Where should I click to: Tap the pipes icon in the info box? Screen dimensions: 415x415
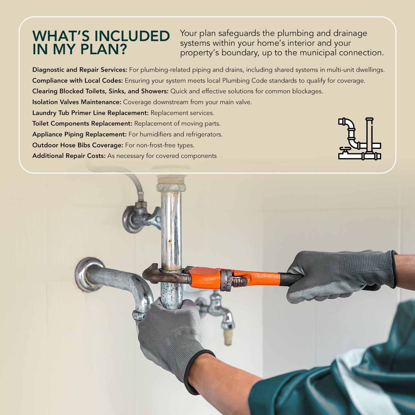pyautogui.click(x=359, y=138)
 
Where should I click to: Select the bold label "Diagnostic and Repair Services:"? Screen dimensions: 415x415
pyautogui.click(x=80, y=70)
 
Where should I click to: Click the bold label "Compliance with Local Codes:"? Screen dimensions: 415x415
pyautogui.click(x=77, y=81)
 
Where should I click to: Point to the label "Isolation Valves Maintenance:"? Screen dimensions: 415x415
pyautogui.click(x=77, y=102)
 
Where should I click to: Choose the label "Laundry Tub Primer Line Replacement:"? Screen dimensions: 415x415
pyautogui.click(x=90, y=113)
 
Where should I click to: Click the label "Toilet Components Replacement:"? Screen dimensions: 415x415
pyautogui.click(x=82, y=123)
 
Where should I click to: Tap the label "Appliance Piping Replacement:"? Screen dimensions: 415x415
pyautogui.click(x=79, y=134)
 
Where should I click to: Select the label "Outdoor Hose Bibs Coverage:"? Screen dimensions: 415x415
pyautogui.click(x=78, y=145)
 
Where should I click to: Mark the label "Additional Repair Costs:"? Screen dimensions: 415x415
pyautogui.click(x=69, y=156)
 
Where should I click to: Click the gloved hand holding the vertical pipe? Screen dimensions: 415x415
pyautogui.click(x=169, y=336)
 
